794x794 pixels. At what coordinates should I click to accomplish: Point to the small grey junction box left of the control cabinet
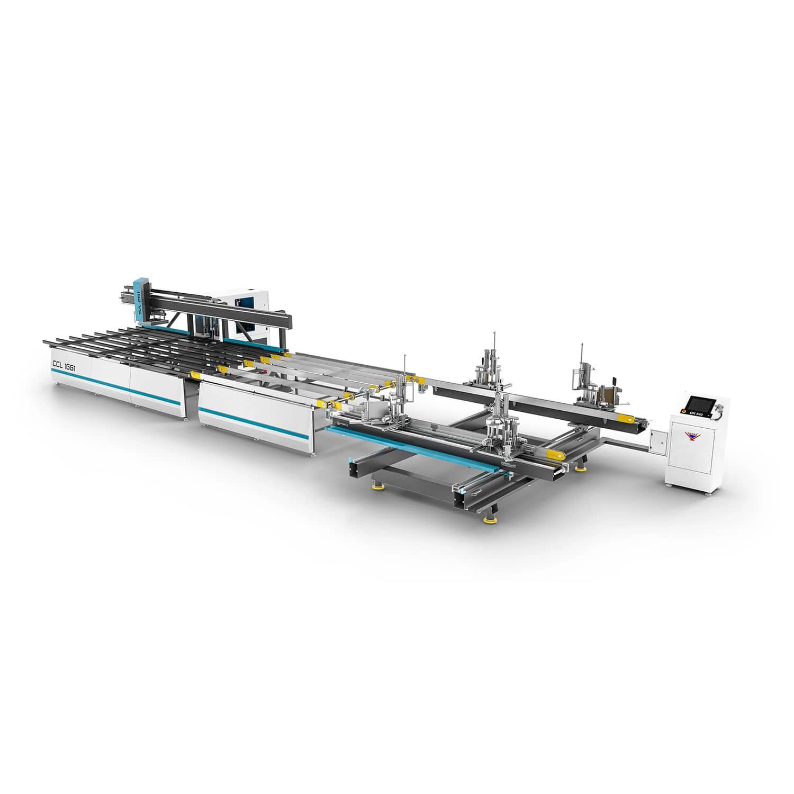coord(657,440)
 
